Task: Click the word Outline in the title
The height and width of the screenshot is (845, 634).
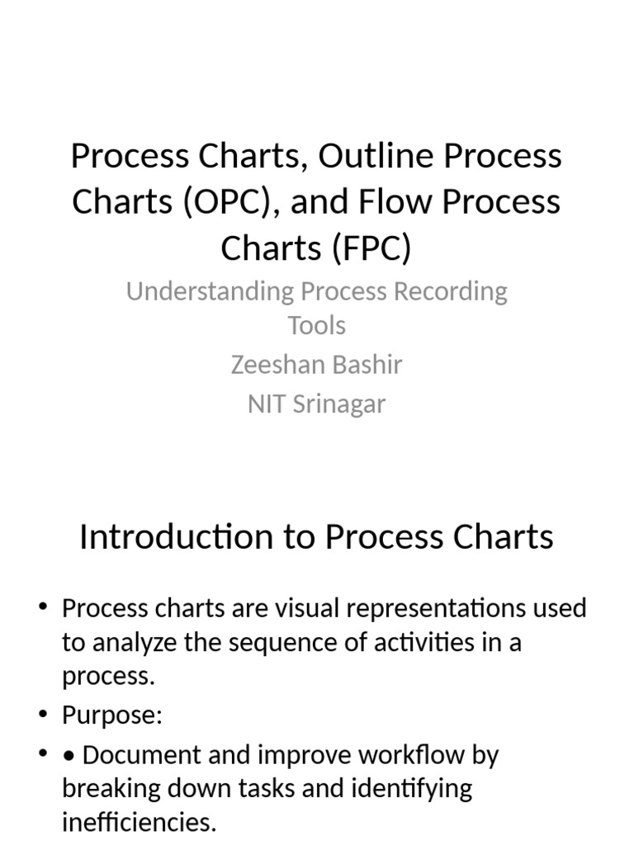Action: pyautogui.click(x=368, y=156)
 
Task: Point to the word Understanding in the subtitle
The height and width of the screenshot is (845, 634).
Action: pyautogui.click(x=210, y=291)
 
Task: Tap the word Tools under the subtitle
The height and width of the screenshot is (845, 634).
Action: pyautogui.click(x=317, y=326)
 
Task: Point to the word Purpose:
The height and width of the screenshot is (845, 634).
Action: pyautogui.click(x=111, y=715)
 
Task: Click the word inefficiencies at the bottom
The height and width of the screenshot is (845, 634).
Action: pyautogui.click(x=139, y=823)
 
